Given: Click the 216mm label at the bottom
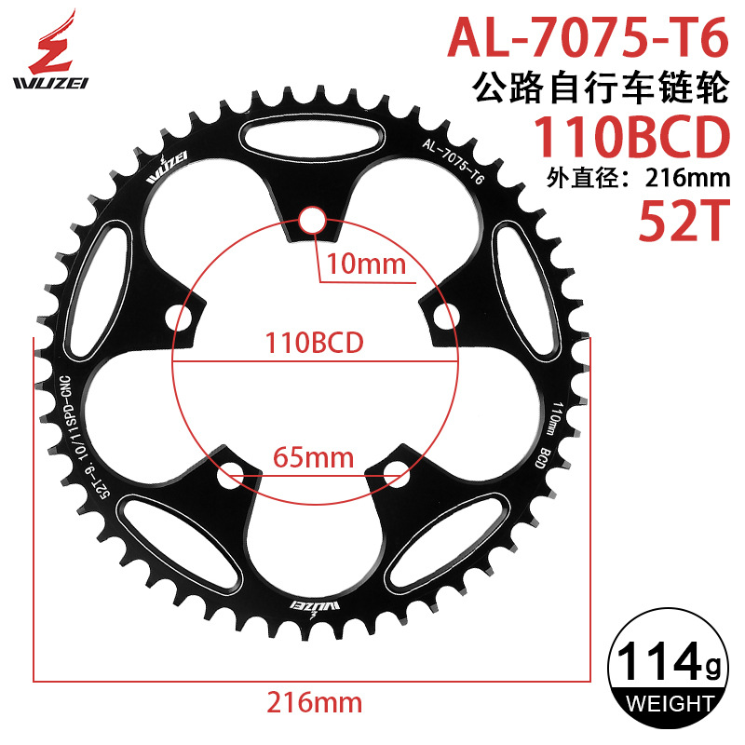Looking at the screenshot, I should [313, 700].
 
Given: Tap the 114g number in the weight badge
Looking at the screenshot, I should [664, 664].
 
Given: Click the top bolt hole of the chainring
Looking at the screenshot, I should [313, 221].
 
